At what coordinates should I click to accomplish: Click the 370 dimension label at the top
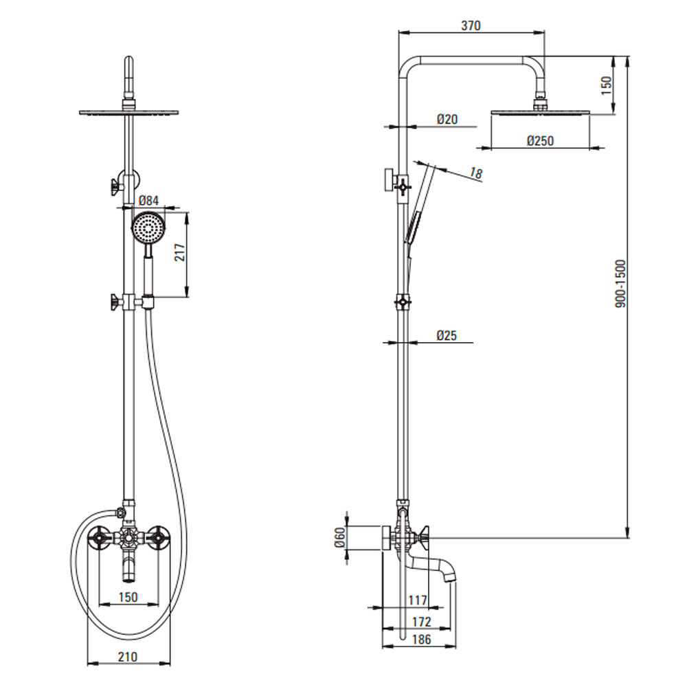pos(471,25)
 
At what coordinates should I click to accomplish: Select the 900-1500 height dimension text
pos(621,284)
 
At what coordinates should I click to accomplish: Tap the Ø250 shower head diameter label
pos(540,141)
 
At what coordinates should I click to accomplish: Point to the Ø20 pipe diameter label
pos(447,119)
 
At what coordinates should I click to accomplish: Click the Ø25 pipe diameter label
pos(447,335)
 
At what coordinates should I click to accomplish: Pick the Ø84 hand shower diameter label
pos(148,201)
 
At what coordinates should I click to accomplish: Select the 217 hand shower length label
pos(179,252)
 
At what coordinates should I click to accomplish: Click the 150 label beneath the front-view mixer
pos(128,597)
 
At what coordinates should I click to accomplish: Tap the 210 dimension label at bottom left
pos(128,657)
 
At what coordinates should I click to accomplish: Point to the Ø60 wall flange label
pos(340,537)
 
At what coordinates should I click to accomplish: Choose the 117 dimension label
pos(418,600)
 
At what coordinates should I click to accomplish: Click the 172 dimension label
pos(422,621)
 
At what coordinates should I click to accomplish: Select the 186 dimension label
pos(422,639)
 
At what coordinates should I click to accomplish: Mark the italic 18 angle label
pos(476,173)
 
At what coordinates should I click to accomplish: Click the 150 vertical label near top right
pos(607,85)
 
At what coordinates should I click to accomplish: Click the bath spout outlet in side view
pos(451,578)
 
